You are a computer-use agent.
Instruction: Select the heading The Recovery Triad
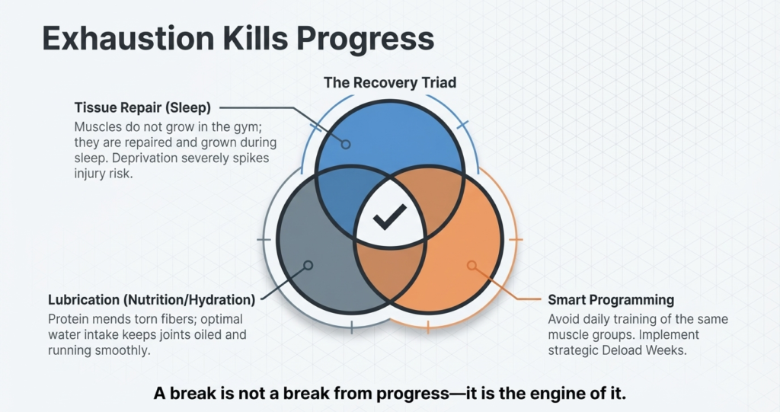tap(389, 82)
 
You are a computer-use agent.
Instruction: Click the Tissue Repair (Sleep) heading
tap(142, 107)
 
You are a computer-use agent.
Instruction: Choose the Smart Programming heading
tap(611, 299)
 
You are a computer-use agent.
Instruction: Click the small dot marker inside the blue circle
tap(345, 144)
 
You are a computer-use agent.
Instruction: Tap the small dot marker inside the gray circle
tap(308, 265)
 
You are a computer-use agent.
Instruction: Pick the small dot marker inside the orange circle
tap(472, 265)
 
